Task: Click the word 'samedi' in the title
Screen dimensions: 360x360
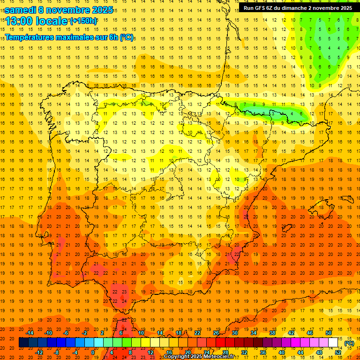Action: pos(21,10)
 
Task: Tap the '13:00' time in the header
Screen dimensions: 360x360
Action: pos(19,21)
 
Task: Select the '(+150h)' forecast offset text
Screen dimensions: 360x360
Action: pos(83,21)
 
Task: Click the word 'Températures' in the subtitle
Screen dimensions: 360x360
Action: pos(32,37)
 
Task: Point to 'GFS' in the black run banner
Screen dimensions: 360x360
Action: pos(261,8)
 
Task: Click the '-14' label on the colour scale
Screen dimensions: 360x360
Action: pos(30,333)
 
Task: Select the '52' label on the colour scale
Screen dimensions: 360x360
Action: pos(337,352)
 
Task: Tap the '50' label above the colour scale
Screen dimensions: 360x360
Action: pos(329,333)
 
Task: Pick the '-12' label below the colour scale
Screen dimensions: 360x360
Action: pos(39,352)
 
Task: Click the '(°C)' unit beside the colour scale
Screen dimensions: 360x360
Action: pos(349,343)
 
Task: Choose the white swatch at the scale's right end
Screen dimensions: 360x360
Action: pos(333,343)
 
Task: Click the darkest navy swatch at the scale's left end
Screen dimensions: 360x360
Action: pos(23,343)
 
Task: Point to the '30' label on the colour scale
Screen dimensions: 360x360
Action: pos(234,333)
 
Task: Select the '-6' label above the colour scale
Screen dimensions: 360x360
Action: pos(66,333)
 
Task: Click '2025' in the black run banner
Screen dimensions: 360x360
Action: pos(345,8)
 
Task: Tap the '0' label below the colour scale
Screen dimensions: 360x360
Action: pos(93,352)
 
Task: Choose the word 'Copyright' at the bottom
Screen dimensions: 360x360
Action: pos(177,357)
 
